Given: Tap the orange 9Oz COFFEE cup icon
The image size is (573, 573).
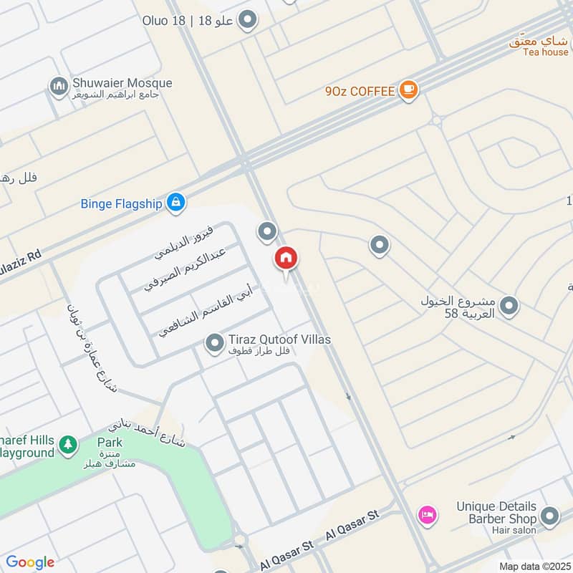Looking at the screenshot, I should pos(409,90).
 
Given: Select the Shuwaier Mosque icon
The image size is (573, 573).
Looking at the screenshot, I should pos(58,87).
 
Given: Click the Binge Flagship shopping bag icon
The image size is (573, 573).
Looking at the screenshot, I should pos(175,203).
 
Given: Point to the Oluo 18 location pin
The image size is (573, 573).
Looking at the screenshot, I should pos(248,20).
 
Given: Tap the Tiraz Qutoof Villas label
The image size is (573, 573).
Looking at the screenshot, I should pos(279,340).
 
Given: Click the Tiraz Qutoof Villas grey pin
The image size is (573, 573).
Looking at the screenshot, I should pos(214,345).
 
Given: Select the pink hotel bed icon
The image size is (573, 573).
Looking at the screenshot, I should pos(428,514).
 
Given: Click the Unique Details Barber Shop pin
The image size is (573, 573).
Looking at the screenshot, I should pos(550,516).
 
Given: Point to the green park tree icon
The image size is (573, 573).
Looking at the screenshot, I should pos(69,446).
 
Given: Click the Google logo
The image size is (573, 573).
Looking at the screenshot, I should pos(30,562).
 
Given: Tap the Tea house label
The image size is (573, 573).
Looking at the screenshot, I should pos(545,52).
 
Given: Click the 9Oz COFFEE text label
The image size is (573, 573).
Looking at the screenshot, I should pos(360,91).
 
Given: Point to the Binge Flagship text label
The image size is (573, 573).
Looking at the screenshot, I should pos(121,203).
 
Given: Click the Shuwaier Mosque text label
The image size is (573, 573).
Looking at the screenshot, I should pos(122,83).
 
